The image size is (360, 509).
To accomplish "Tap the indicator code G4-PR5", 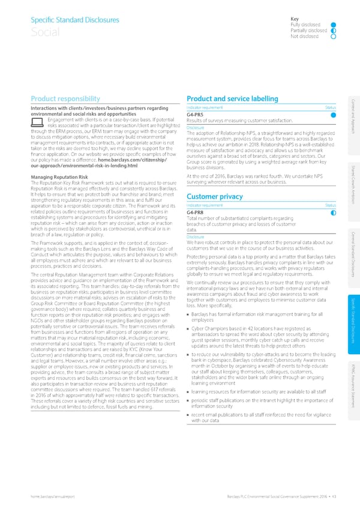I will pos(197,114).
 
